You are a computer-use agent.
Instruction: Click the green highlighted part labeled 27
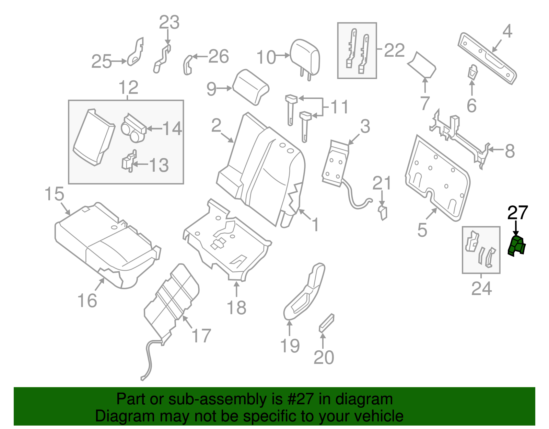(x=517, y=246)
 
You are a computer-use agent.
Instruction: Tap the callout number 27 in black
(x=517, y=213)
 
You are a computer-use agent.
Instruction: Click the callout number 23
(x=169, y=22)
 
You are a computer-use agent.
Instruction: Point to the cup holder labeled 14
(x=133, y=129)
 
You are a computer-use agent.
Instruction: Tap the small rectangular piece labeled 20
(x=327, y=323)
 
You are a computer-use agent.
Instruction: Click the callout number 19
(x=290, y=346)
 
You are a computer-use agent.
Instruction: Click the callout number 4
(x=507, y=31)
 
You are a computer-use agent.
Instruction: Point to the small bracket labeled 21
(x=383, y=212)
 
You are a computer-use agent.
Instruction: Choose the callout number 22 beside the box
(x=394, y=50)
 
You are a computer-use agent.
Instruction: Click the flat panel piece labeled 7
(x=422, y=65)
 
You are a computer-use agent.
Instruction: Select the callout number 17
(x=201, y=336)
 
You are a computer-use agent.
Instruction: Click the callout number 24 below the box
(x=481, y=289)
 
